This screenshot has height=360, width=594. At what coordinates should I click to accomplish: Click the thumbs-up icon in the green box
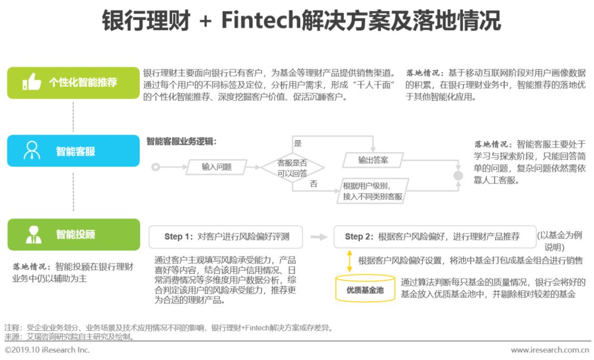coord(32,83)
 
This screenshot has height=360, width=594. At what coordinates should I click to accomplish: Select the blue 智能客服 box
coord(73,151)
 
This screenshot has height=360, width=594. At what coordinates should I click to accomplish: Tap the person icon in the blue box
coord(32,151)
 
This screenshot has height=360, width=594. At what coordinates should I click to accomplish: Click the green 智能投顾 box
coord(73,234)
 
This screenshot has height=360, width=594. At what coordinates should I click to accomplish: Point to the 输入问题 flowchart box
coord(216,167)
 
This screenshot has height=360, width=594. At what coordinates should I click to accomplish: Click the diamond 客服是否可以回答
coord(292,168)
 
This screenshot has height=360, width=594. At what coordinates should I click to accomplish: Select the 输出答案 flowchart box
coord(373,160)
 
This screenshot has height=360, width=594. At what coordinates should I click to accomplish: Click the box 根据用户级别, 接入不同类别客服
coord(373,191)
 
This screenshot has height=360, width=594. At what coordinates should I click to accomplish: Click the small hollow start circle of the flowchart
coord(156,167)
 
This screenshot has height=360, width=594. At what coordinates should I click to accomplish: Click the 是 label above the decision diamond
coord(298,143)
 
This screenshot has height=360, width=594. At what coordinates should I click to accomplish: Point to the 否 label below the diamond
coord(313,184)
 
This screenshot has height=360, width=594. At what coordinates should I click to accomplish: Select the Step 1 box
coord(226,236)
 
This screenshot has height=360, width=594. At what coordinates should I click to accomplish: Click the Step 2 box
coord(434,236)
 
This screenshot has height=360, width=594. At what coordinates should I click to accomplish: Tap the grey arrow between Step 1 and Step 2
coord(318,237)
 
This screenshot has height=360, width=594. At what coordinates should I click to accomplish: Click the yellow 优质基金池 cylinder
coord(365,289)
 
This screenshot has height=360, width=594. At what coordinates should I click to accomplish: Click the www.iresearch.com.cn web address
coord(550,350)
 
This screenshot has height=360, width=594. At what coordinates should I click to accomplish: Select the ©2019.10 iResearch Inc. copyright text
coord(47,350)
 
